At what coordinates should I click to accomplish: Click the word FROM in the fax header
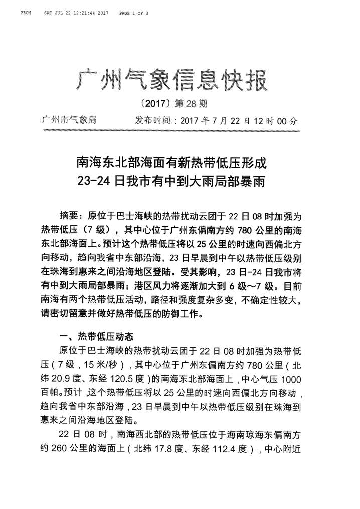(x=26, y=12)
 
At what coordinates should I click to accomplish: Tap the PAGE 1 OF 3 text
(x=133, y=12)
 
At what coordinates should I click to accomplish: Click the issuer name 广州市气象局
(x=69, y=120)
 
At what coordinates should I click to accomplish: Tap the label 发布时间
(x=153, y=121)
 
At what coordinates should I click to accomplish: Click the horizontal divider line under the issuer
(x=170, y=131)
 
